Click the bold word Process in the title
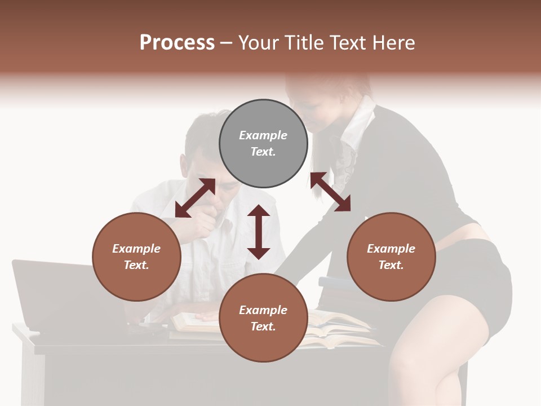[177, 43]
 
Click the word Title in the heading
[304, 43]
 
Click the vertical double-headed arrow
[259, 232]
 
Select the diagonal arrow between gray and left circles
[195, 198]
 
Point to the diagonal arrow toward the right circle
[330, 192]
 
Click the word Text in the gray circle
[263, 152]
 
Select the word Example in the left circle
[136, 249]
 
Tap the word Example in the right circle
[391, 249]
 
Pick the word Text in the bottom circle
[263, 326]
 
